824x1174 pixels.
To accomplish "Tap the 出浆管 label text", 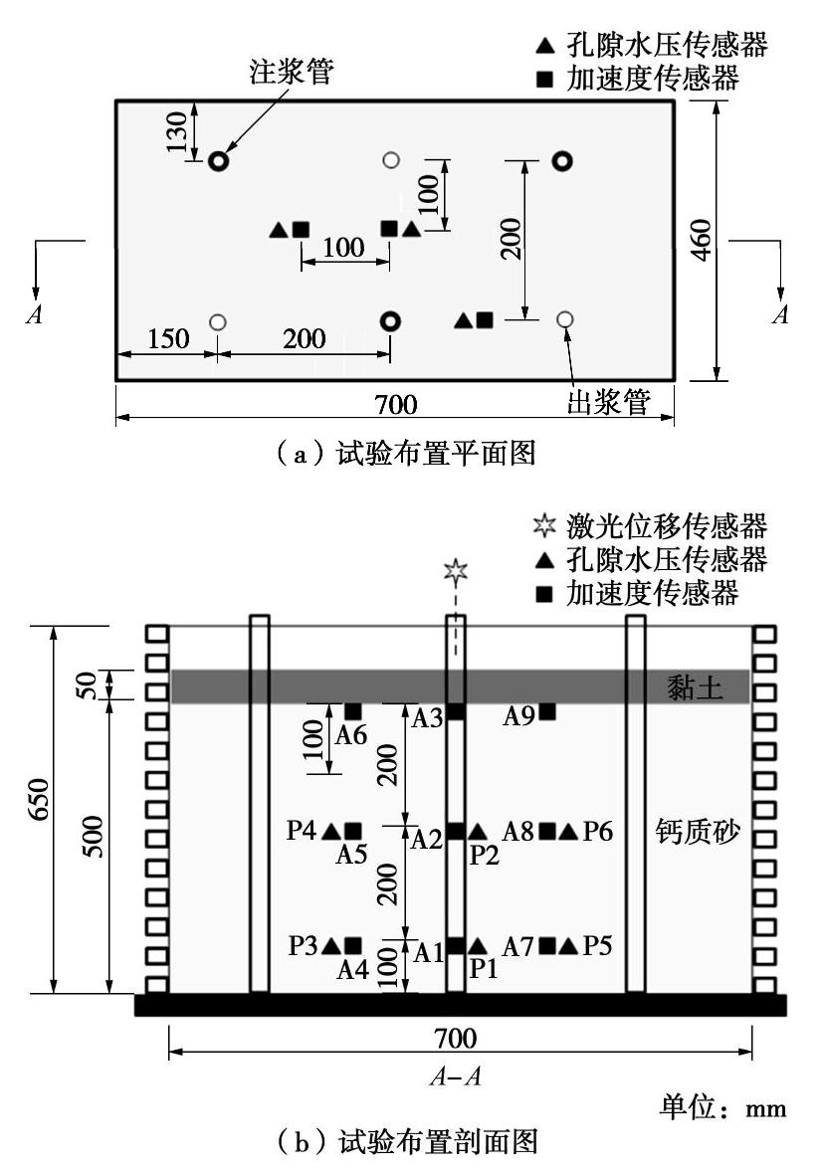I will click(x=608, y=401).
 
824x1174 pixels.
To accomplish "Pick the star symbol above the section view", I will click(x=455, y=571).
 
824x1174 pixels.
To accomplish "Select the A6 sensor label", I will click(x=351, y=735).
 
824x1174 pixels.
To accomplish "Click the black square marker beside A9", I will click(x=547, y=711).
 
